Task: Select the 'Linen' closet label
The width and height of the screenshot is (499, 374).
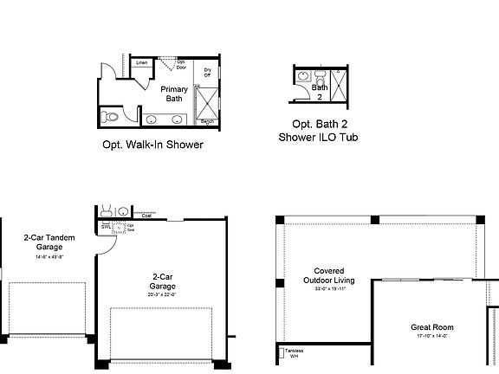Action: coord(142,63)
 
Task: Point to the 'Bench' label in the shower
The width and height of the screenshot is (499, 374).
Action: coord(208,121)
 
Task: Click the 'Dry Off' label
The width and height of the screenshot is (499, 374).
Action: coord(208,72)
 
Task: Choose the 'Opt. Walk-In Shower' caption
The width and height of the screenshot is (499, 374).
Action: coord(152,145)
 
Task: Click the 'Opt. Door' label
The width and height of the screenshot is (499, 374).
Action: coord(182,63)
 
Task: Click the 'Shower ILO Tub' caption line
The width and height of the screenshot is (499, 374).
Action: coord(319,137)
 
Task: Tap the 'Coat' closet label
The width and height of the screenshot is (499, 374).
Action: coord(147,216)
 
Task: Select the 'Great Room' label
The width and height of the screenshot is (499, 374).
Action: coord(432,327)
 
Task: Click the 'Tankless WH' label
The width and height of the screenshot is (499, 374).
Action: coord(295,353)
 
